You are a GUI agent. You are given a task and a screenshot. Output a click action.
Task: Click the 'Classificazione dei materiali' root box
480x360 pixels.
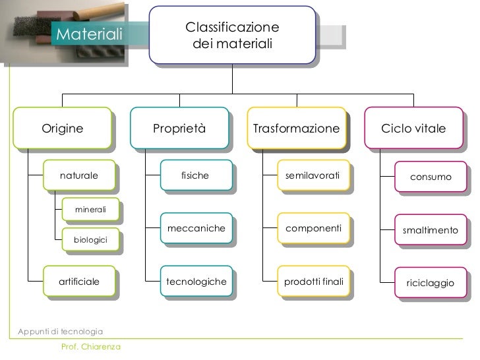232,37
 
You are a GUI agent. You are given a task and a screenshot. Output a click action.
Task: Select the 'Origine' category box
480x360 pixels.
63,128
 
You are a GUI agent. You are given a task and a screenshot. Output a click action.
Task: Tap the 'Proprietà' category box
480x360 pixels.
179,128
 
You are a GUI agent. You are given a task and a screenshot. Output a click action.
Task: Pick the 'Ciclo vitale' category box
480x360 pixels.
413,128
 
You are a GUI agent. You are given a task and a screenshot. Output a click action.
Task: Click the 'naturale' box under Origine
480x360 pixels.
79,176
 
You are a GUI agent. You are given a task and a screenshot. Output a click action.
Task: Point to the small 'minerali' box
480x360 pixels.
90,209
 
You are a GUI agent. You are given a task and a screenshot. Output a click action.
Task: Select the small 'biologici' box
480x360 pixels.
90,241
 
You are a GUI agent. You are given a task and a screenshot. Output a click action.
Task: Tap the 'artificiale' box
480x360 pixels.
79,282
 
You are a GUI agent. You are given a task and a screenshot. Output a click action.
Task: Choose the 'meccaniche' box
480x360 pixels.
196,228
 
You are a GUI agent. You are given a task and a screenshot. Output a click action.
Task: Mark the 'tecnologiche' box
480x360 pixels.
196,282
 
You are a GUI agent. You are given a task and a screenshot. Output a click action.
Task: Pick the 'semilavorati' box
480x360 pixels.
313,176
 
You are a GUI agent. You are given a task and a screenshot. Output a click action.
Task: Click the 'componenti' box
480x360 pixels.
313,228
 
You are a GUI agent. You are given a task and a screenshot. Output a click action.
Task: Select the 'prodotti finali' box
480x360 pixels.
313,282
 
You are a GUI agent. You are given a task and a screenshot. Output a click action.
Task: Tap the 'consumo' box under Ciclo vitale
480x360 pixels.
431,177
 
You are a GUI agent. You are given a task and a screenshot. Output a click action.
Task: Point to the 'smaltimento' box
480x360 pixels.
431,231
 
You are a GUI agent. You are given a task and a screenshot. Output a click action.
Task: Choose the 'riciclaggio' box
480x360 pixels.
431,283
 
